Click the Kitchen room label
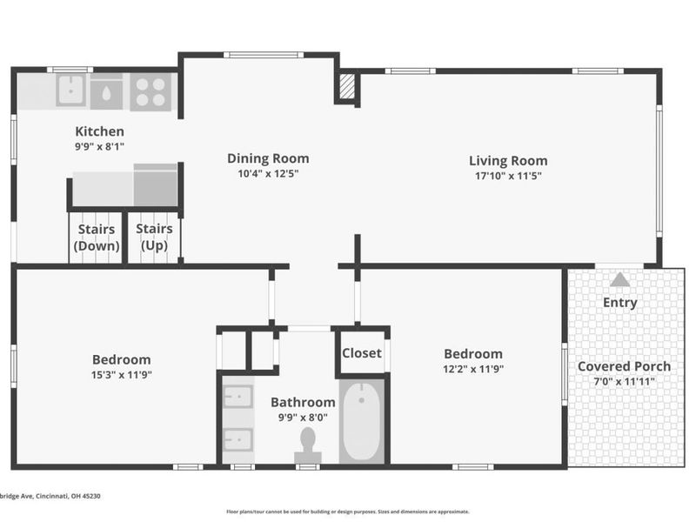coord(99,131)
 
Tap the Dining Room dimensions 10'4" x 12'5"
coord(268,173)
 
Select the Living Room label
coord(508,160)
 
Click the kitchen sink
coord(70,90)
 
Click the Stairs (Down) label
coord(96,238)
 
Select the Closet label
coord(361,353)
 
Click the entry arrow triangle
coord(619,280)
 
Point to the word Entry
coord(619,303)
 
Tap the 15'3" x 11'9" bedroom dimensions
coord(121,374)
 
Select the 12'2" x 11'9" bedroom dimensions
coord(472,369)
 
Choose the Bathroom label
coord(303,402)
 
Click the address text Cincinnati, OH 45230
coord(52,497)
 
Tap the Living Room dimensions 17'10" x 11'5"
coord(508,175)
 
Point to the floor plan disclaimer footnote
coord(347,512)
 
